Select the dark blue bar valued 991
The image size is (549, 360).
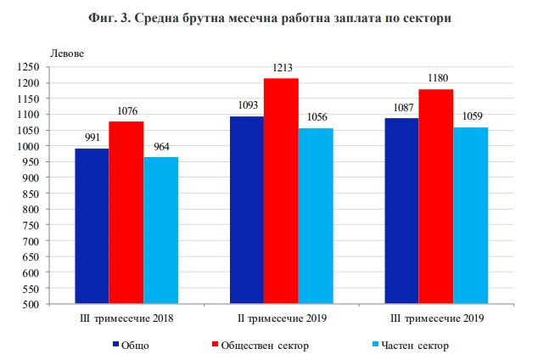click(92, 227)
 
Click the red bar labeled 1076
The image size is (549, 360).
click(126, 213)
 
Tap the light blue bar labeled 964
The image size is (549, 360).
click(160, 231)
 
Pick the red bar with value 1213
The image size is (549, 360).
click(281, 191)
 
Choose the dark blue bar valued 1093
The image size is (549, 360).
click(247, 211)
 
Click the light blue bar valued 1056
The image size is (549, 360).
click(316, 217)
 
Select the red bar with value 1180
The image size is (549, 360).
click(436, 197)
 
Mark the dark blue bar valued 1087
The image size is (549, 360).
click(401, 211)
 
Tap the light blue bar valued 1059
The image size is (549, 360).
click(470, 216)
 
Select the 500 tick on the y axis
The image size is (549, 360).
click(31, 305)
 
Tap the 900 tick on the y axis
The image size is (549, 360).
click(31, 178)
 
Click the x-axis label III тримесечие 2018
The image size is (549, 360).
click(126, 319)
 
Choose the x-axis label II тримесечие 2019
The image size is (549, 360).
click(282, 319)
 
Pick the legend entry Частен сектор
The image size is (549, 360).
click(413, 346)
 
